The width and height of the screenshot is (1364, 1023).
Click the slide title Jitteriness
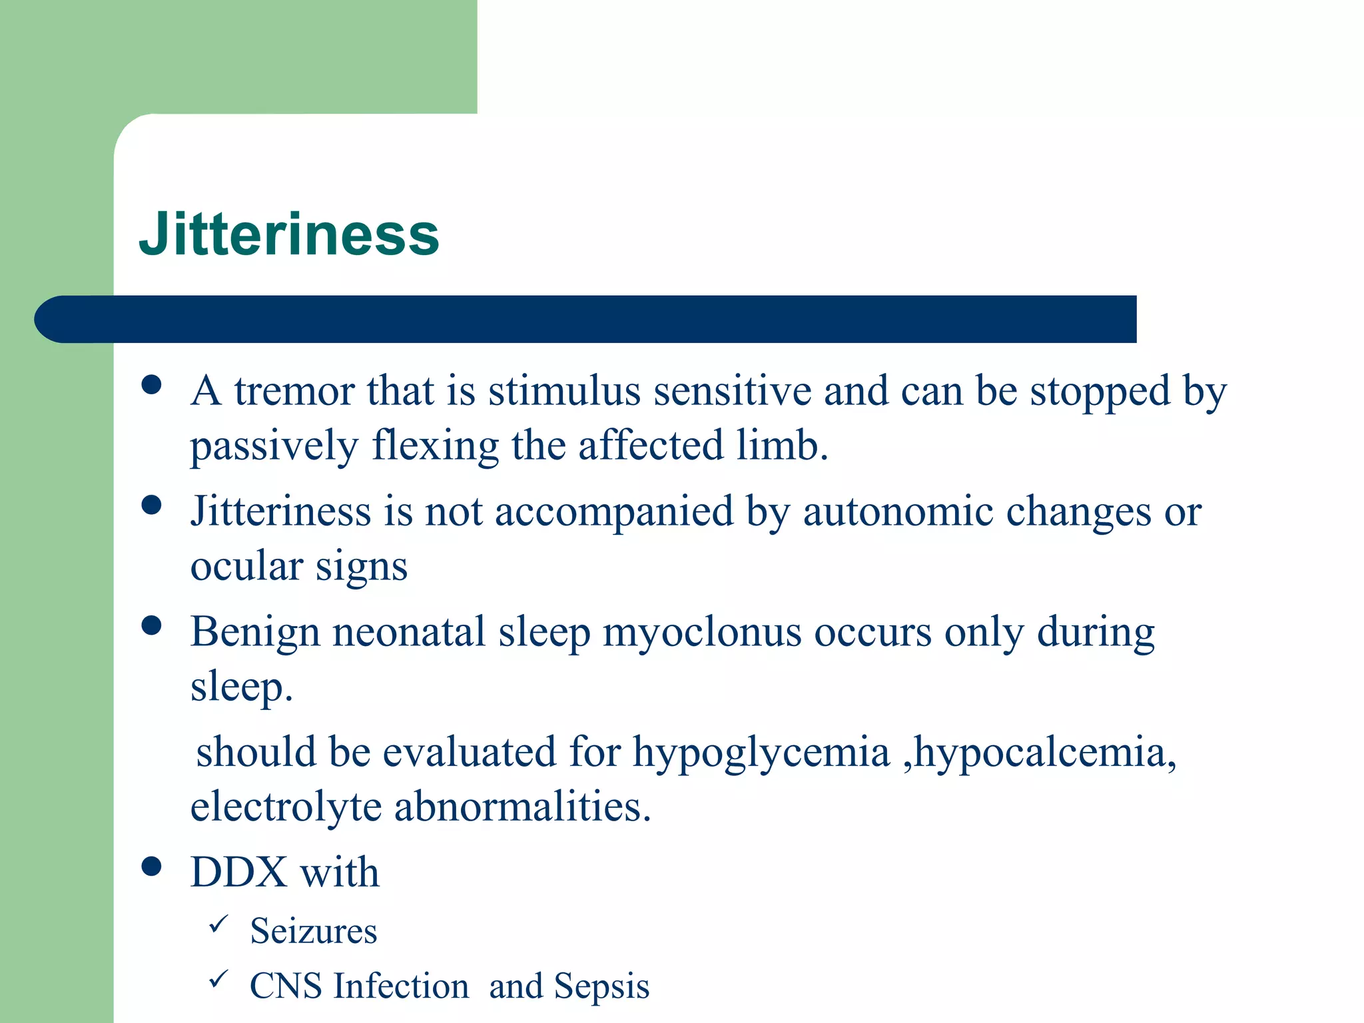(x=289, y=234)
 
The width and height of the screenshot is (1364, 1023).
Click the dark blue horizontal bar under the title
(x=586, y=319)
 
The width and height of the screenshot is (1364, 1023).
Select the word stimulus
(x=564, y=391)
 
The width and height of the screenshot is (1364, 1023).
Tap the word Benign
(x=255, y=633)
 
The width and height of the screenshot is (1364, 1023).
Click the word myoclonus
(x=702, y=633)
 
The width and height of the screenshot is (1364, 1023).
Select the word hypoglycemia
(x=761, y=753)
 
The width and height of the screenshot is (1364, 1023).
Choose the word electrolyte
(x=286, y=807)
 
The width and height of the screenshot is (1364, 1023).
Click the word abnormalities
(x=522, y=807)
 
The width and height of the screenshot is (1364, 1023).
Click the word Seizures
(x=313, y=931)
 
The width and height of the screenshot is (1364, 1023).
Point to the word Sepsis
(x=601, y=986)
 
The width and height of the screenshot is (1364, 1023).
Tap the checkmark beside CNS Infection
(x=218, y=979)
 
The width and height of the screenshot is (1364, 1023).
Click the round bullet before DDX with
(x=152, y=866)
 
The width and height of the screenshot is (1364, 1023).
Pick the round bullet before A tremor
(x=152, y=385)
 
